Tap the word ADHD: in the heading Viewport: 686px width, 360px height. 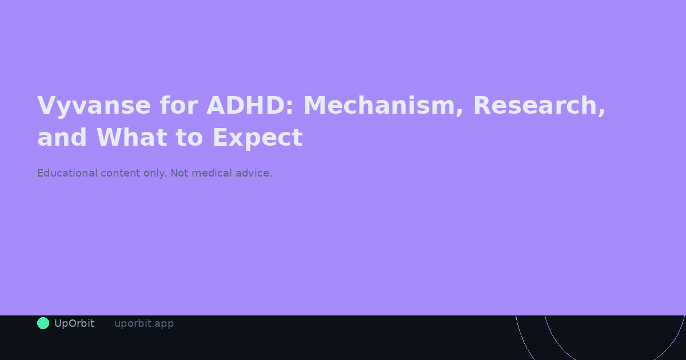pos(249,106)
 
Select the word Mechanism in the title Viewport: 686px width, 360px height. pos(380,106)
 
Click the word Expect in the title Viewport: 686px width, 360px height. pos(257,138)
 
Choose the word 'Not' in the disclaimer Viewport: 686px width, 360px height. pos(179,173)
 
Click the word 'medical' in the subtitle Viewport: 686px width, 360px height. pos(212,173)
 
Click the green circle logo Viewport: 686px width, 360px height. pos(43,323)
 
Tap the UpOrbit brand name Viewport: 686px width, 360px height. pos(74,323)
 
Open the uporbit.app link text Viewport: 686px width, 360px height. pos(144,323)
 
